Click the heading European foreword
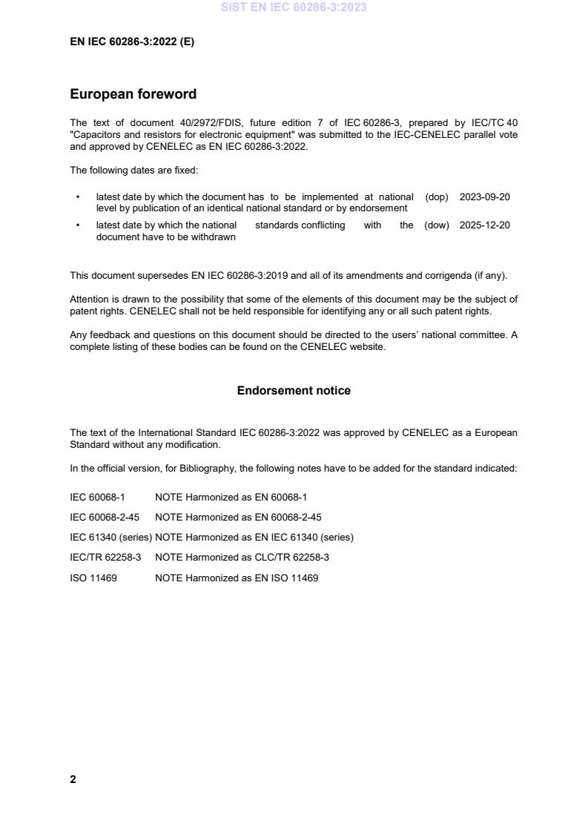[x=133, y=94]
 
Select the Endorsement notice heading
[x=294, y=390]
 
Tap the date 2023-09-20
[x=484, y=197]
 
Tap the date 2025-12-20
[x=484, y=225]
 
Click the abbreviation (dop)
[x=437, y=197]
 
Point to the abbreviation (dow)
[x=437, y=225]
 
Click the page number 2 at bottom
[x=73, y=779]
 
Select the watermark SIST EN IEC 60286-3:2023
[x=294, y=7]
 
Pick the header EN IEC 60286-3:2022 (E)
[x=132, y=42]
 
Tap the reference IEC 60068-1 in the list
[x=97, y=497]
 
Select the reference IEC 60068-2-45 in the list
[x=105, y=517]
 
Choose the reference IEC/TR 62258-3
[x=105, y=557]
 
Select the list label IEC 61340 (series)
[x=111, y=537]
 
